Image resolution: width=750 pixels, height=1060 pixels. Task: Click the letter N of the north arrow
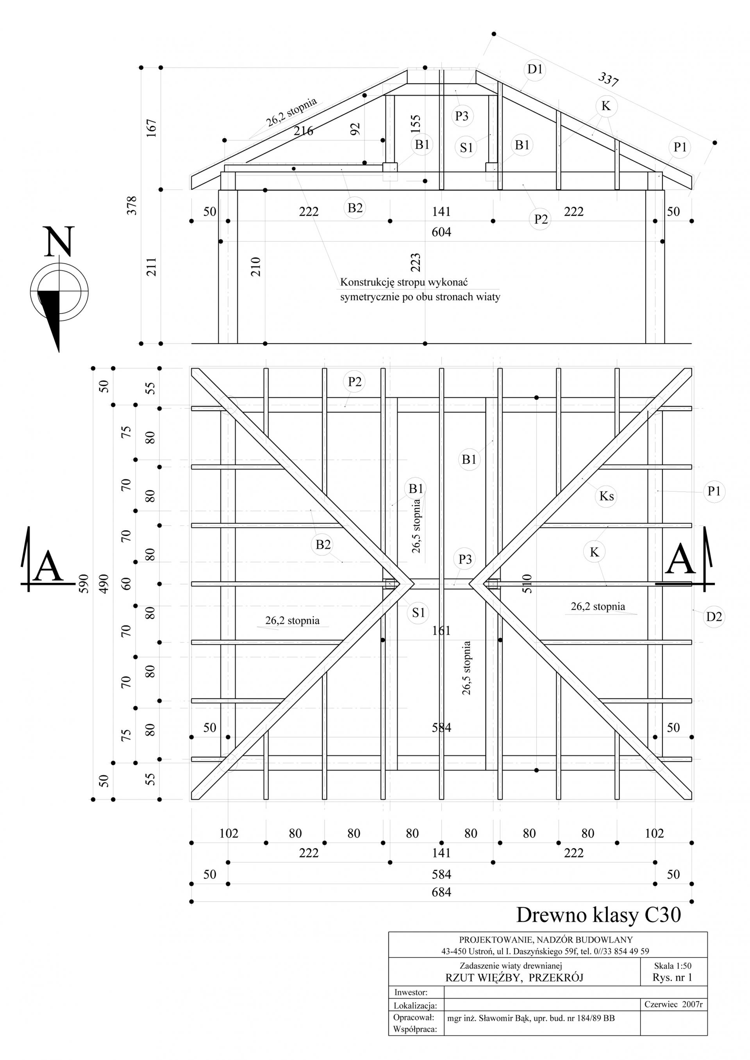click(x=59, y=241)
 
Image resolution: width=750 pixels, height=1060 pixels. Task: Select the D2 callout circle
click(x=714, y=616)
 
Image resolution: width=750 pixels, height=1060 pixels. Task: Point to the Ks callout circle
click(x=606, y=496)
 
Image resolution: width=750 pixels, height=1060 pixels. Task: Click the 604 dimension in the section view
click(x=441, y=232)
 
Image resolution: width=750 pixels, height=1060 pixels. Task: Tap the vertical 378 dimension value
click(x=132, y=205)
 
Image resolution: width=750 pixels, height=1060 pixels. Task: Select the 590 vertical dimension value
click(x=83, y=584)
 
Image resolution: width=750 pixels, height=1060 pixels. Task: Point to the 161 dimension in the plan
click(x=441, y=631)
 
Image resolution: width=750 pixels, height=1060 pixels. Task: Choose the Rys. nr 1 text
click(x=672, y=977)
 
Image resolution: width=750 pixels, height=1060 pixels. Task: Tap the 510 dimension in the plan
click(x=527, y=584)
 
